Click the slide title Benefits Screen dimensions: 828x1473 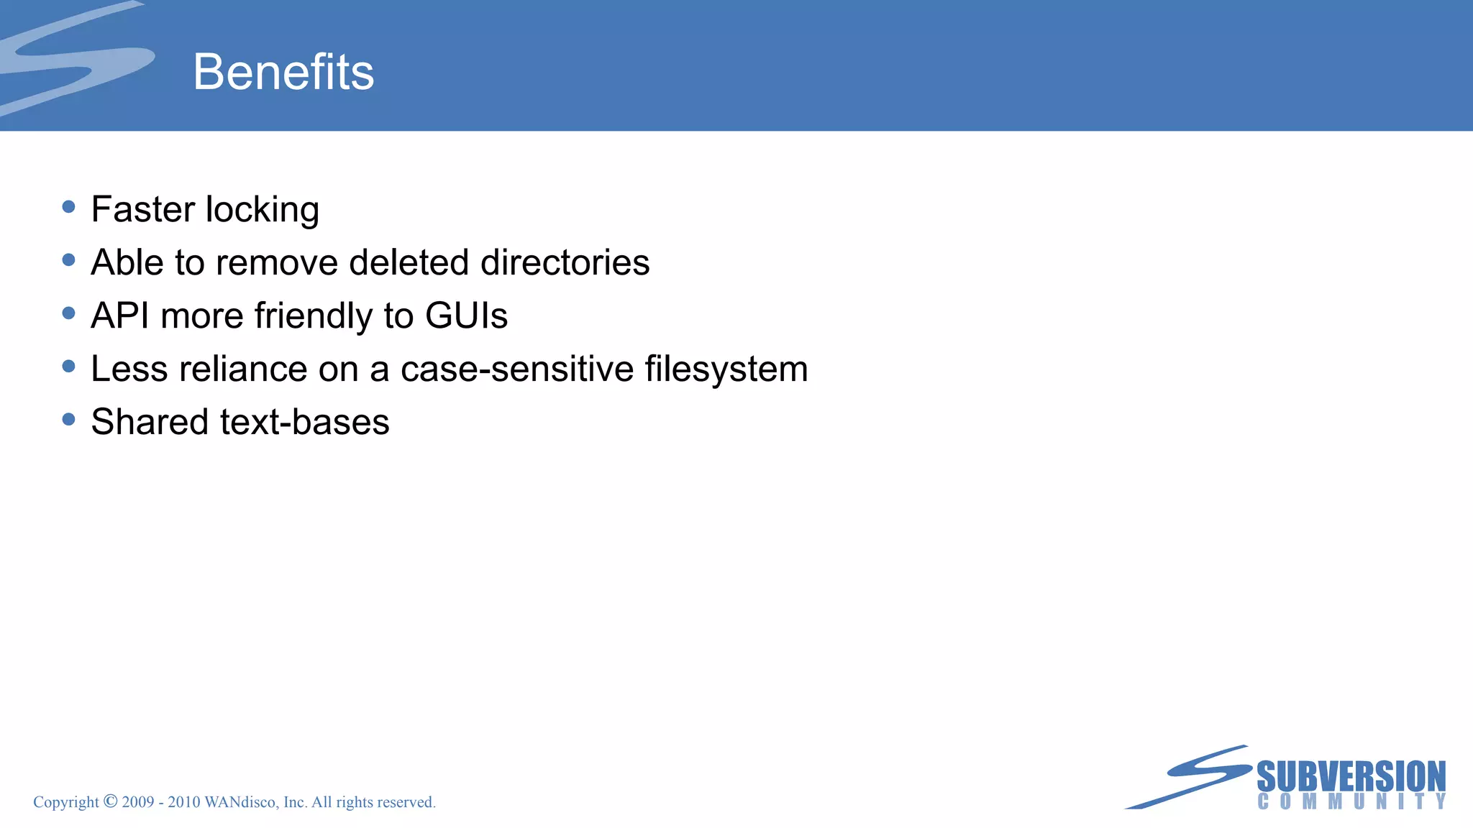point(283,72)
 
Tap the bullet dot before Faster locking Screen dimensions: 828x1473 point(69,207)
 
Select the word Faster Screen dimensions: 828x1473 point(143,210)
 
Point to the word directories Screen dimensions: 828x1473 point(565,262)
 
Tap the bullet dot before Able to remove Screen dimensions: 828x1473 point(69,260)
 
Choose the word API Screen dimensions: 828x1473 point(120,316)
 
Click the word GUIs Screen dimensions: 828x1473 point(466,316)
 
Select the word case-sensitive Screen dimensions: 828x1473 point(516,369)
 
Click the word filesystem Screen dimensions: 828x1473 point(726,369)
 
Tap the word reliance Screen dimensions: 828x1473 point(243,369)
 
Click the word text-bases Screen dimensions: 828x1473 point(305,422)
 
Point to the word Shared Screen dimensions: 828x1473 point(150,422)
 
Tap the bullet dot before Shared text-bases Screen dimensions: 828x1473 point(69,419)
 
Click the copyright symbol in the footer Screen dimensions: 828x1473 point(110,801)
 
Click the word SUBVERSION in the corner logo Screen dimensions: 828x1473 point(1351,776)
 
